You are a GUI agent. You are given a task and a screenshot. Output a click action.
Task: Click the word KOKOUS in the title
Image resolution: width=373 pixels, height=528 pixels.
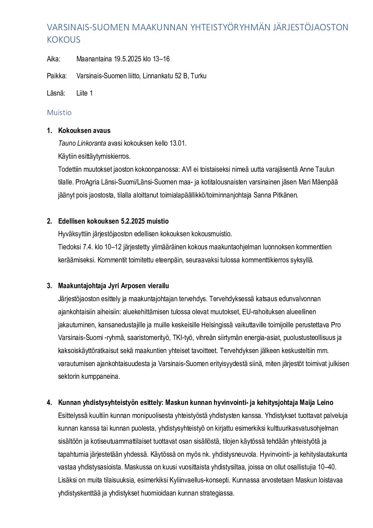[64, 40]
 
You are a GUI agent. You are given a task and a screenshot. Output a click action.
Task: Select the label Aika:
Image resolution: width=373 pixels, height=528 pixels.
[54, 59]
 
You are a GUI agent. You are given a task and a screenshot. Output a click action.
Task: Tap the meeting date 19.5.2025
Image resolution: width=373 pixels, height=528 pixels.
[127, 59]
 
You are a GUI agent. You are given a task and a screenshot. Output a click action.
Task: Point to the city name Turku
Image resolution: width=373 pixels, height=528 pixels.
[198, 76]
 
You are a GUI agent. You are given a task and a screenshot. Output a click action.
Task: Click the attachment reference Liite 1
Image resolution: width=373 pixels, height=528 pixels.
[85, 93]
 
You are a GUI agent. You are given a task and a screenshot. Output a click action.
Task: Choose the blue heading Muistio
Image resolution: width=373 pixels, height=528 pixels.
[59, 113]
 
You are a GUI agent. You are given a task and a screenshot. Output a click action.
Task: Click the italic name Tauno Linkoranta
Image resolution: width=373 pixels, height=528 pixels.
[82, 143]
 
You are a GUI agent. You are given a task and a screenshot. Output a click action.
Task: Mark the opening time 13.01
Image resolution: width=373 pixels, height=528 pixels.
[178, 143]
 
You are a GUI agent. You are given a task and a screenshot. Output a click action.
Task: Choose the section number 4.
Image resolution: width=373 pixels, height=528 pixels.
[49, 402]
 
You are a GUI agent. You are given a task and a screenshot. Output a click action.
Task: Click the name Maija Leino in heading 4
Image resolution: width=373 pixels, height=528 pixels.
[316, 402]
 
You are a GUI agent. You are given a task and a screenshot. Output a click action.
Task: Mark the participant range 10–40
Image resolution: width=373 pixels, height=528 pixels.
[327, 467]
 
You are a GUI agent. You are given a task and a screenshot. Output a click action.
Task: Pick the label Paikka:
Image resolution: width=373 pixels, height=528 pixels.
[57, 76]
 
